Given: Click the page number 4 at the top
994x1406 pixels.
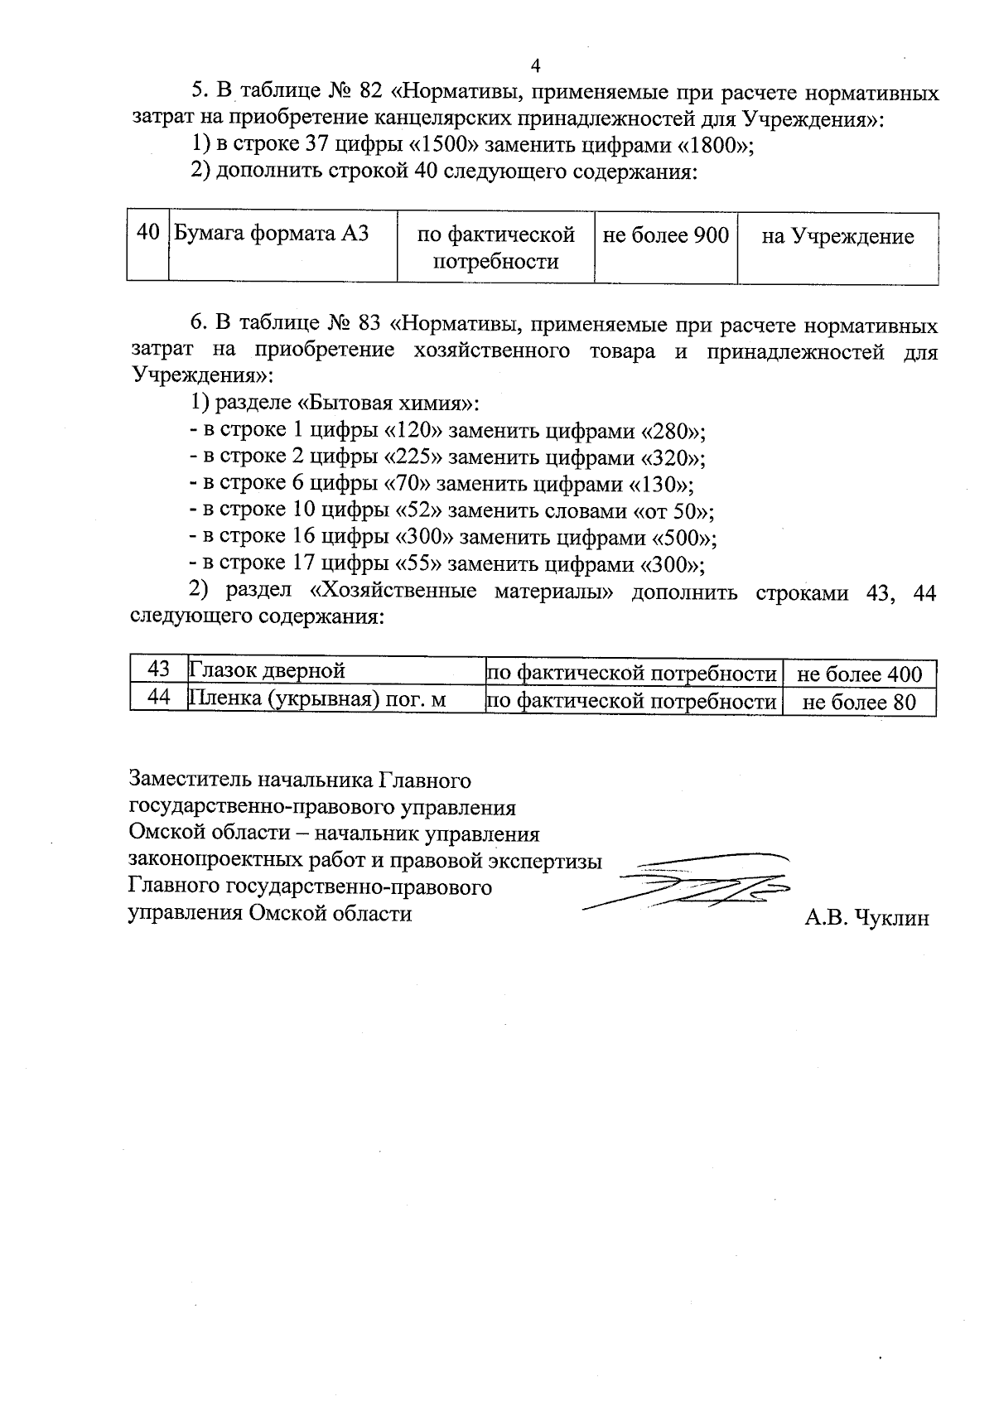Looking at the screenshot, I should [534, 65].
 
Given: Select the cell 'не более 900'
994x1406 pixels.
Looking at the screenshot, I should [665, 236].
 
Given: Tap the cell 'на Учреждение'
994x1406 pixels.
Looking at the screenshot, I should [837, 237].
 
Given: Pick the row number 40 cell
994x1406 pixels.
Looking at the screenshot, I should [147, 233].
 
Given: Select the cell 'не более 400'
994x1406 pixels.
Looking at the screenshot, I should [859, 674].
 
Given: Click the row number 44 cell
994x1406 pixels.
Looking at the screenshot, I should [158, 698].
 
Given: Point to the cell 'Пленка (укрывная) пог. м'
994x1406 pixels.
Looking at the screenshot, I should [318, 700].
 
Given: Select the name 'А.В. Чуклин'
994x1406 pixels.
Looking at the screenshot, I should [866, 918].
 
